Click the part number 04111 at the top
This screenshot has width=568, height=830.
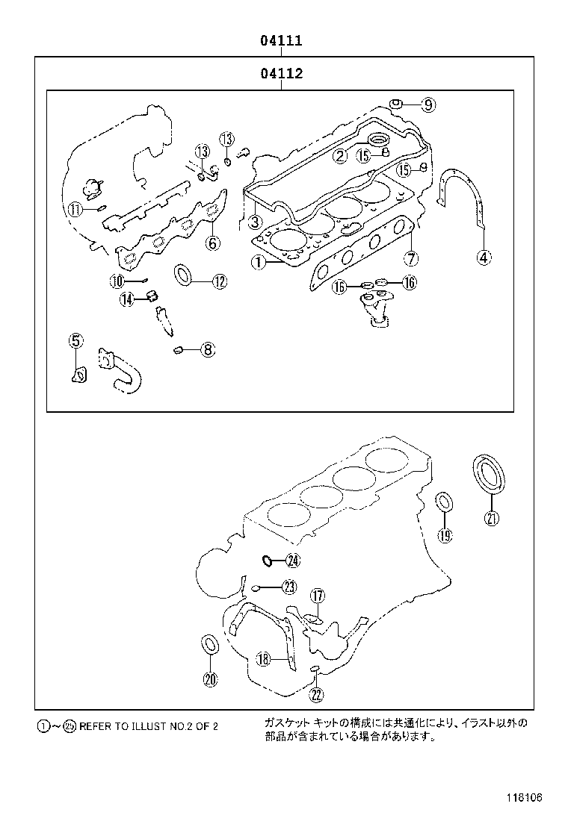tap(281, 41)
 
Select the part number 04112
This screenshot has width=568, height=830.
tap(281, 74)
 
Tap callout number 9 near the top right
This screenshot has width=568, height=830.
tap(427, 105)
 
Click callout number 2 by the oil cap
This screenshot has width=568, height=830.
tap(339, 155)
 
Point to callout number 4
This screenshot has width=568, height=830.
tap(484, 258)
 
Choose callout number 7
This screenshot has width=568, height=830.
tap(410, 259)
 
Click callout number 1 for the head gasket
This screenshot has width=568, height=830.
tap(257, 262)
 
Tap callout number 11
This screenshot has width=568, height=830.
tap(75, 210)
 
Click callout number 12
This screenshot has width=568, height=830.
tap(218, 281)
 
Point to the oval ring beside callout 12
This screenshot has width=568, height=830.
tap(184, 275)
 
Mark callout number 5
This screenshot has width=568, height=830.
tap(75, 341)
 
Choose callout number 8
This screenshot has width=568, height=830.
tap(207, 349)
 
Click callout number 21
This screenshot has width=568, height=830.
tap(491, 519)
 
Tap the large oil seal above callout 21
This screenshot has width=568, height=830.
tap(489, 472)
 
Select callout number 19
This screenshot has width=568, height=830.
tap(445, 534)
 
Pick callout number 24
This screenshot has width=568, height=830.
tap(292, 561)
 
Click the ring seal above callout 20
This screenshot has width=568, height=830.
tap(210, 644)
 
